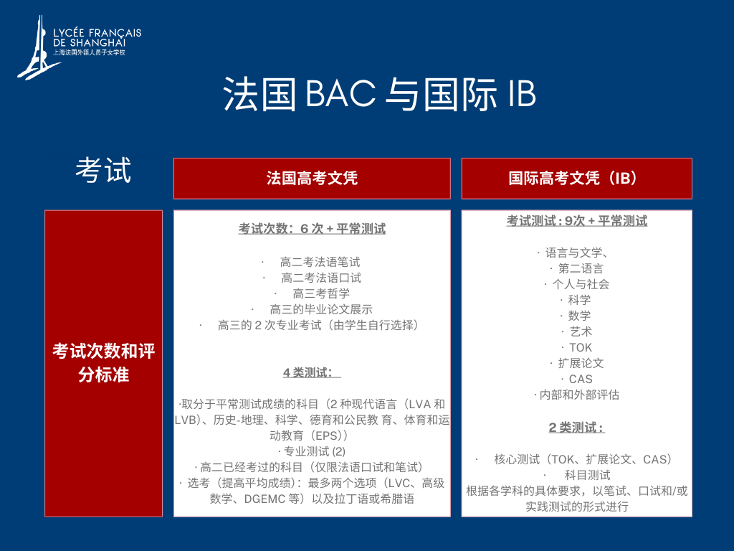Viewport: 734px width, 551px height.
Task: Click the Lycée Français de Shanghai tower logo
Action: click(x=37, y=50)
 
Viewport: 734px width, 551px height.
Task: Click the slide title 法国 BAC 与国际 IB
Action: click(x=380, y=94)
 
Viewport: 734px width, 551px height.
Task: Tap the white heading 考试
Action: click(x=103, y=169)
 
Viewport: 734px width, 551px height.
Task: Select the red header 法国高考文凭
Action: click(x=312, y=179)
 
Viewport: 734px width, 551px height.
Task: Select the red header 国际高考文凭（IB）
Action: click(x=577, y=179)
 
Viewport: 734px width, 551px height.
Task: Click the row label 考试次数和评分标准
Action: click(x=103, y=363)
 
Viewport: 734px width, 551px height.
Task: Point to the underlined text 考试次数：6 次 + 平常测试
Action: click(x=313, y=229)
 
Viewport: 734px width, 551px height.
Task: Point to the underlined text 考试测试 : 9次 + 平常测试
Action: click(x=577, y=221)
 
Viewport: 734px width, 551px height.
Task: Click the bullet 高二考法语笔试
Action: click(x=320, y=262)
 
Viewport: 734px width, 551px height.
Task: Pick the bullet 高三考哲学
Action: click(x=321, y=293)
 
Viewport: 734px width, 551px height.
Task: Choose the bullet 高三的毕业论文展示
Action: click(x=321, y=309)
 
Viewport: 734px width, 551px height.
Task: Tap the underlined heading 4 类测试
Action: click(x=312, y=372)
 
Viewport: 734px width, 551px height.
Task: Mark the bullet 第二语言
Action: click(x=581, y=268)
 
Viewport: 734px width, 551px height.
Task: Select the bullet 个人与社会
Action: click(x=581, y=284)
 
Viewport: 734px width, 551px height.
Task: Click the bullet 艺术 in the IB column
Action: click(x=581, y=331)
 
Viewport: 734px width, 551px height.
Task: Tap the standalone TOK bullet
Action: click(x=581, y=348)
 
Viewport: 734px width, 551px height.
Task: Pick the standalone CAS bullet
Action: click(x=581, y=379)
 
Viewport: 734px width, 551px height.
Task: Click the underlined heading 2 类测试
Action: click(x=577, y=428)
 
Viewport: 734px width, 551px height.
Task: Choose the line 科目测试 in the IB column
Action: click(x=588, y=475)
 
